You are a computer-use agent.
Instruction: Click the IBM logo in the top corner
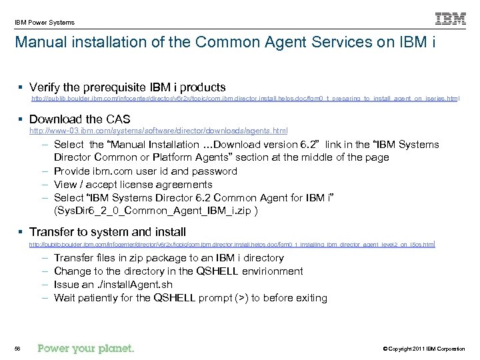click(451, 19)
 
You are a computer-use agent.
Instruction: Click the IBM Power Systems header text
click(45, 22)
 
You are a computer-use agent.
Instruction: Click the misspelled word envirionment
click(269, 271)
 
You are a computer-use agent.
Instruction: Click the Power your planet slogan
click(85, 349)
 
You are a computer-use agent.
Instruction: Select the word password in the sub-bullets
click(215, 171)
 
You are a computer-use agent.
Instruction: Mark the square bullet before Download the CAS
click(22, 119)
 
